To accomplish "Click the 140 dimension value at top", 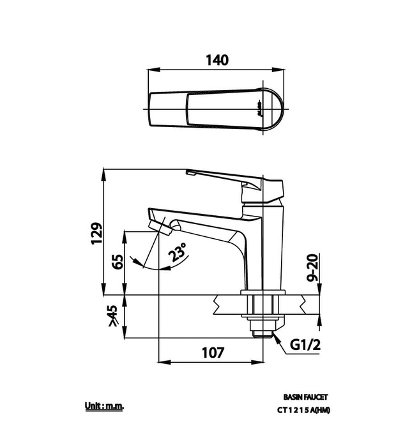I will tap(217, 60).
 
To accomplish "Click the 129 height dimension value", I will tap(96, 234).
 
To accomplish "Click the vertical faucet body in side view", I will tap(263, 249).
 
